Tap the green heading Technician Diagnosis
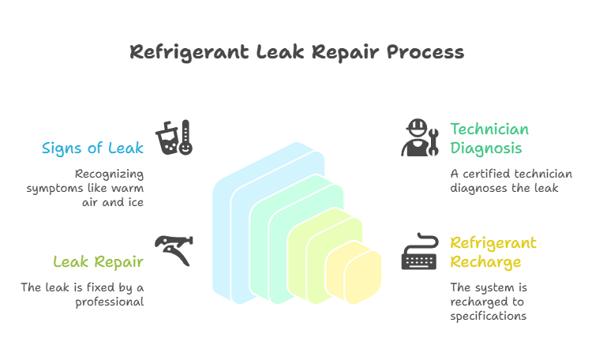pos(489,138)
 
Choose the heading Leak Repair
pos(99,261)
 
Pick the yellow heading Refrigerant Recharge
pos(493,252)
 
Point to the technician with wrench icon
pos(419,137)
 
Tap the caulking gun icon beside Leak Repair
pos(174,249)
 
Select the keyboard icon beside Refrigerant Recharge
pos(419,252)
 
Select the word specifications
pos(489,316)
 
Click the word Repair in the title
pos(348,53)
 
